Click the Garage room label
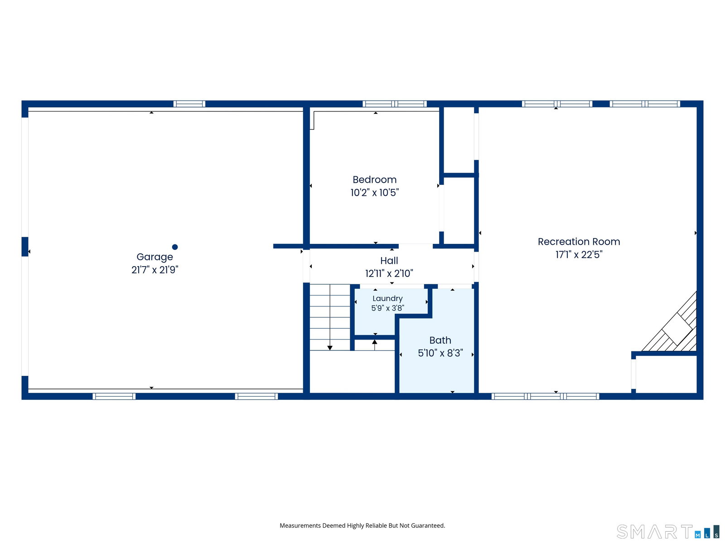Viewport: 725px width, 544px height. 155,257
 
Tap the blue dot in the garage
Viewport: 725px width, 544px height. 175,247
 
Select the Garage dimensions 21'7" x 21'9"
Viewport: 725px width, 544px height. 155,270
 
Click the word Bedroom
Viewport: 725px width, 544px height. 375,180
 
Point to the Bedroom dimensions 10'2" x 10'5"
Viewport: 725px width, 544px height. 375,193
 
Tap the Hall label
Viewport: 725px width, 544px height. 389,261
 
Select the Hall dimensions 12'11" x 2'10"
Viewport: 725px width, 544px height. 389,273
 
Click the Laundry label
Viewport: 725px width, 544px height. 387,299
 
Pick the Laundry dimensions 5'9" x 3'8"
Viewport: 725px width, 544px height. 388,308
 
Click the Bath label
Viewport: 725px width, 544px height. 440,340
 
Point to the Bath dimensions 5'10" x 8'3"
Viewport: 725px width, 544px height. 440,353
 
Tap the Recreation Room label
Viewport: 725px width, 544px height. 579,242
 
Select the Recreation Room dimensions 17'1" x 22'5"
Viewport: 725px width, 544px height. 579,255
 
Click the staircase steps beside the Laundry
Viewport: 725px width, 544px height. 329,317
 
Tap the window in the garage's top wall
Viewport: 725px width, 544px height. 189,104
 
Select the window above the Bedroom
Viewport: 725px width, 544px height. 395,104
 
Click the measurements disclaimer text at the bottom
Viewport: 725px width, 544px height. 362,525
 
